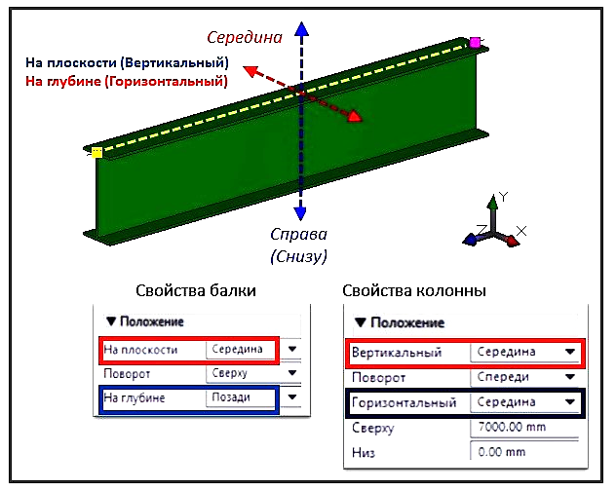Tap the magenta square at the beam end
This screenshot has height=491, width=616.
click(476, 42)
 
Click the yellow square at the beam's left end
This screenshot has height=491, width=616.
click(96, 152)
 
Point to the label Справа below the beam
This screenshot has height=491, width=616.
click(298, 236)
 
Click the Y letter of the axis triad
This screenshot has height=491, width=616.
click(503, 197)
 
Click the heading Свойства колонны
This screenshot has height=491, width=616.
click(415, 291)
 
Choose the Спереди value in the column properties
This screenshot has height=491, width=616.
click(506, 377)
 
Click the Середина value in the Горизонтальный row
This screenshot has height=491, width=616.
click(505, 402)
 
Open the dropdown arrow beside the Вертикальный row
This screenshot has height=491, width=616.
click(569, 352)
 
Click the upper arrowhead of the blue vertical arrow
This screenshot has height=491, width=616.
click(302, 30)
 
